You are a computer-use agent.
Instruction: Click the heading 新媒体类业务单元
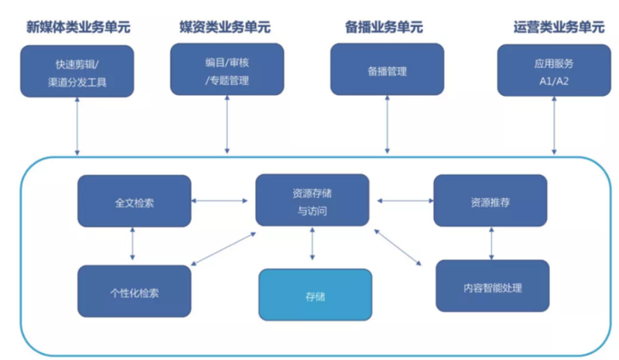(x=77, y=27)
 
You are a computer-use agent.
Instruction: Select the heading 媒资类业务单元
(x=226, y=27)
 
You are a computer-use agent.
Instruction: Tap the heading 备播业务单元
(x=385, y=27)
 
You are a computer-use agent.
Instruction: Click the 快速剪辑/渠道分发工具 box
(x=77, y=70)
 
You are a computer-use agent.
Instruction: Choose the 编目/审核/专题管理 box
(x=227, y=70)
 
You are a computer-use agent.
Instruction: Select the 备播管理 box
(x=387, y=70)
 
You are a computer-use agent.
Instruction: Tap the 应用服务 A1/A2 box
(x=553, y=70)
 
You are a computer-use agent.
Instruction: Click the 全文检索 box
(x=134, y=201)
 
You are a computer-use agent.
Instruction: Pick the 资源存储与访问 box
(x=313, y=201)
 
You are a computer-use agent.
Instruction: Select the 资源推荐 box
(x=490, y=201)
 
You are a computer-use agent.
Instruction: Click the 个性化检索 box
(x=134, y=291)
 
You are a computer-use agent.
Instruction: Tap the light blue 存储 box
(x=315, y=295)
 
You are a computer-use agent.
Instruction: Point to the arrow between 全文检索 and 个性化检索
(x=133, y=245)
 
